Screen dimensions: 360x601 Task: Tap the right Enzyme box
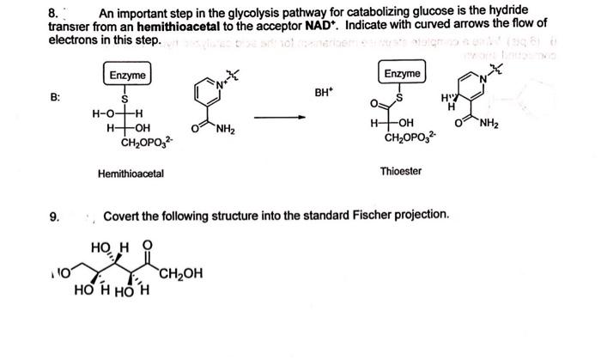403,74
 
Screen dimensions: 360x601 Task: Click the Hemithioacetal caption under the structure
131,174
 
